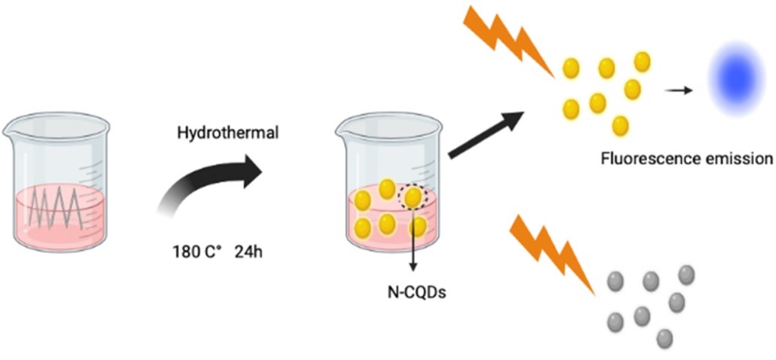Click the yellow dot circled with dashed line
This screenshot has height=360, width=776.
413,198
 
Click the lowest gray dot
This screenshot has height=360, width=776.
664,337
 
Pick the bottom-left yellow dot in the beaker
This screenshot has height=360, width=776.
363,225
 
